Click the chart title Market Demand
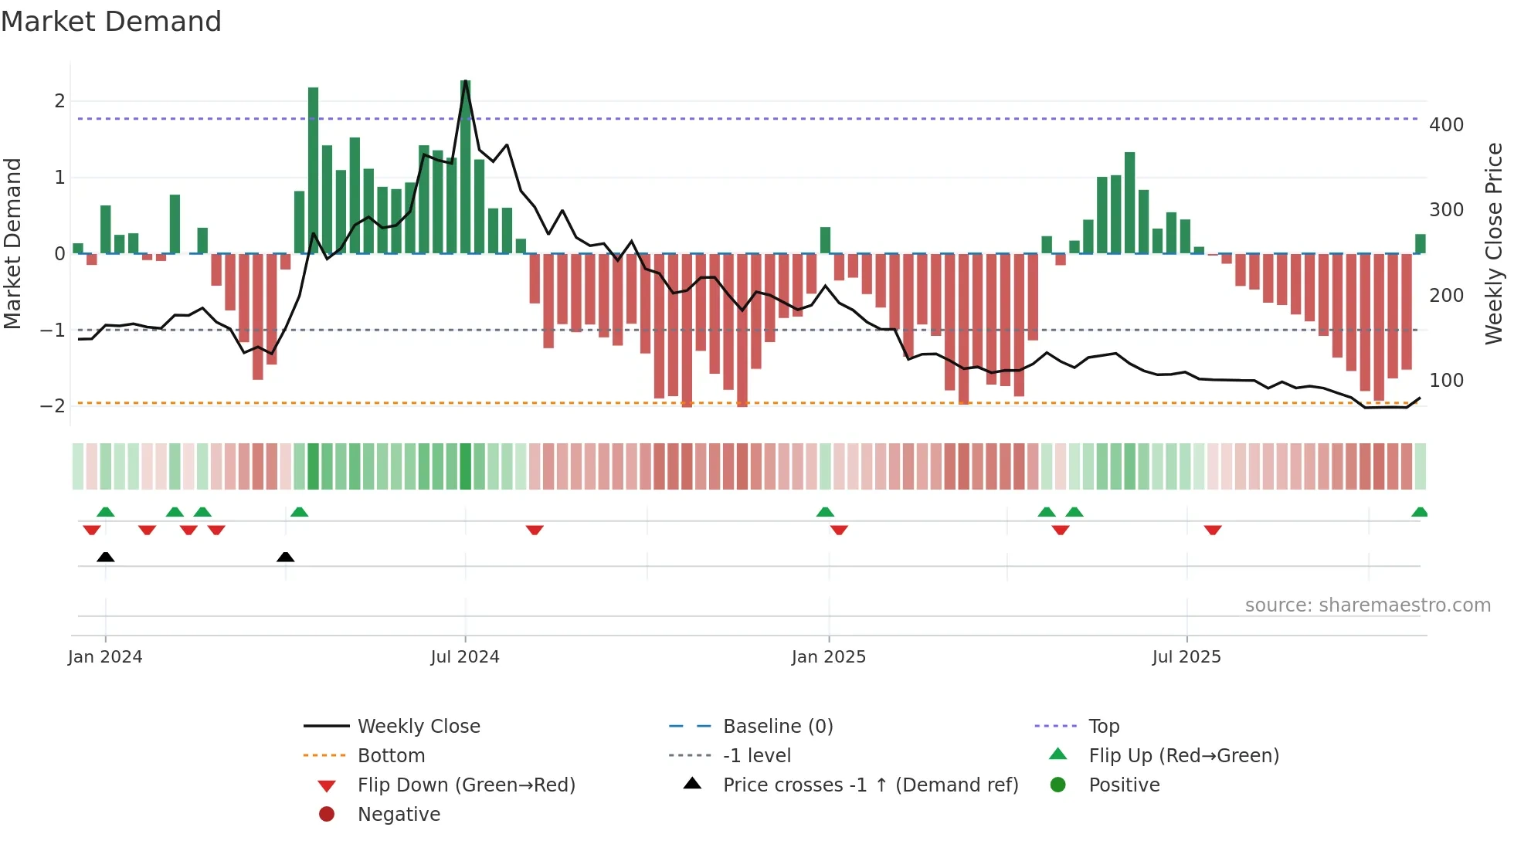coord(111,21)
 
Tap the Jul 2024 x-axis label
coord(464,657)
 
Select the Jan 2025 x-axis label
coord(828,657)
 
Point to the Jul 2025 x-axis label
coord(1186,657)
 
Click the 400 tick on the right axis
coord(1446,125)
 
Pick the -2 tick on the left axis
coord(53,406)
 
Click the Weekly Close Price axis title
coord(1494,243)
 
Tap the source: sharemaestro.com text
coord(1367,605)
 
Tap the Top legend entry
coord(1103,727)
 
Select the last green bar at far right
coord(1420,244)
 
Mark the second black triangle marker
coord(285,558)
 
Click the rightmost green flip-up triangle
coord(1419,512)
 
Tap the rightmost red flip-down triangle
coord(1212,530)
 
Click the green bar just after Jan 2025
coord(825,240)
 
